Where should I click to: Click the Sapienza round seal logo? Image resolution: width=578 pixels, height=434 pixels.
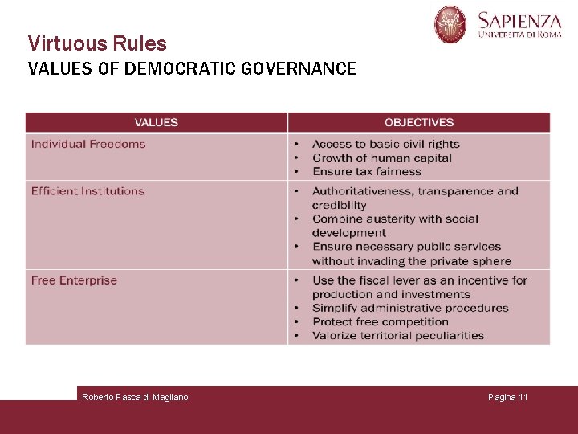pos(450,24)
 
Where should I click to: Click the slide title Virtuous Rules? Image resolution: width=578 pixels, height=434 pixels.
pos(97,43)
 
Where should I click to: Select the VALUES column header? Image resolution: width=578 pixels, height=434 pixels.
pos(157,122)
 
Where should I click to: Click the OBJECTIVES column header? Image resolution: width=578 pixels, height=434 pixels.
pos(419,122)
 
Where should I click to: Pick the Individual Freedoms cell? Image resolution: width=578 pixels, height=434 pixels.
pos(88,145)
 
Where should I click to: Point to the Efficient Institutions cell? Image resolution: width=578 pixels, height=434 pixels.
pos(88,191)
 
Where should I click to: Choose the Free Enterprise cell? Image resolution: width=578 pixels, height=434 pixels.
pos(74,280)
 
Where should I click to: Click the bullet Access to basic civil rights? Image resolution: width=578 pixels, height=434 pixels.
pos(385,145)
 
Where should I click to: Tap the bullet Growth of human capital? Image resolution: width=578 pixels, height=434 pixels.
pos(382,158)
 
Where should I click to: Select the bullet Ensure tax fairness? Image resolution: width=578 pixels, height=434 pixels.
pos(367,172)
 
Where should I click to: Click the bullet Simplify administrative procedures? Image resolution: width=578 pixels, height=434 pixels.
pos(410,308)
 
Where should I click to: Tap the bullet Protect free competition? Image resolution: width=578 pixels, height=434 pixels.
pos(381,321)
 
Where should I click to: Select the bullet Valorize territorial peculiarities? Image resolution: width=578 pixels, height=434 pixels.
pos(398,335)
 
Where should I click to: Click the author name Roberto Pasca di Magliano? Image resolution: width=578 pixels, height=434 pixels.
pos(135,397)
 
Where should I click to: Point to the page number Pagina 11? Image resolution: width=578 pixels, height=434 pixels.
pos(508,397)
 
